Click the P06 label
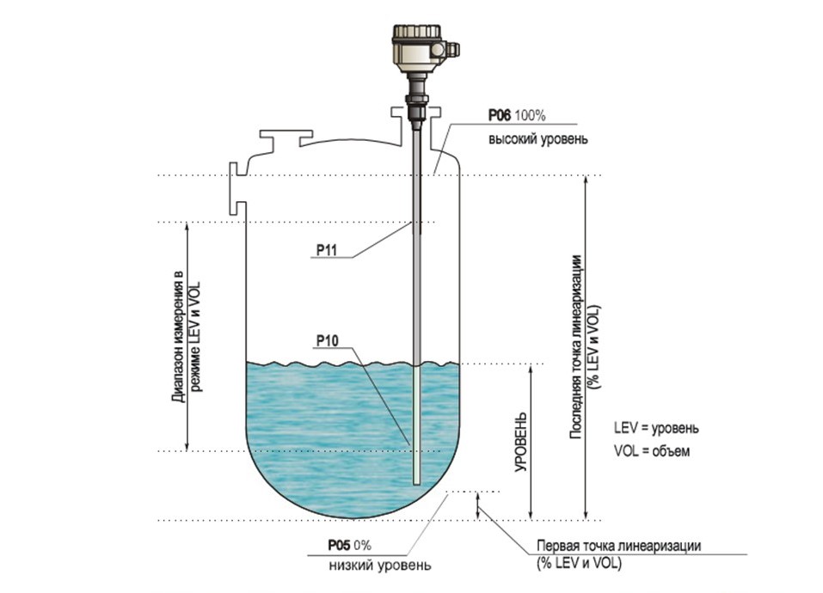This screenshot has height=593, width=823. pyautogui.click(x=499, y=115)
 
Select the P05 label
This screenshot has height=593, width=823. pyautogui.click(x=339, y=545)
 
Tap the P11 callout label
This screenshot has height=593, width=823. pyautogui.click(x=326, y=251)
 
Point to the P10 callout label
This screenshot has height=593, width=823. pyautogui.click(x=327, y=341)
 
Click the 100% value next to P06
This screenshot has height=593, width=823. pyautogui.click(x=530, y=115)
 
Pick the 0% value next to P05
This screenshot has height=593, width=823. pyautogui.click(x=362, y=545)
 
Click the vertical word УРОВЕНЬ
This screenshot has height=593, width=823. pyautogui.click(x=520, y=443)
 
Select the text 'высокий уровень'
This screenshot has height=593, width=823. pyautogui.click(x=538, y=139)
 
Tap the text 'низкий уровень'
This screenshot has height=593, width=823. pyautogui.click(x=380, y=565)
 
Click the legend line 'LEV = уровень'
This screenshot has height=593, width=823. pyautogui.click(x=657, y=428)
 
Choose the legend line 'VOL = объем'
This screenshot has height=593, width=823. pyautogui.click(x=652, y=450)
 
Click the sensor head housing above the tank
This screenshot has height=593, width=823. pyautogui.click(x=419, y=48)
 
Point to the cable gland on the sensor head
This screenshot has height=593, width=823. pyautogui.click(x=452, y=49)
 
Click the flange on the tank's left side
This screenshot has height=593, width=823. pyautogui.click(x=237, y=188)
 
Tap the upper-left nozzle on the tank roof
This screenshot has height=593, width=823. pyautogui.click(x=286, y=138)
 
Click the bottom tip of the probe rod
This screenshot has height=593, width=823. pyautogui.click(x=417, y=485)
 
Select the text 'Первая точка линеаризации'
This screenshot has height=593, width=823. pyautogui.click(x=618, y=545)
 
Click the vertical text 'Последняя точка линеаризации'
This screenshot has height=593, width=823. pyautogui.click(x=576, y=347)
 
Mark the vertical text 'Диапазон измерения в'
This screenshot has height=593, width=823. pyautogui.click(x=179, y=336)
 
